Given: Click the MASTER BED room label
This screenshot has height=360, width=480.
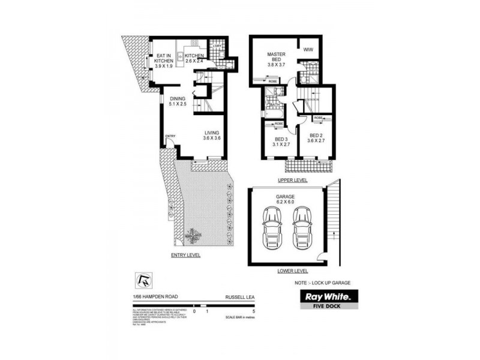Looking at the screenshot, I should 275,58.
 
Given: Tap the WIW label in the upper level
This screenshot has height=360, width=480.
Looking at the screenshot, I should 308,49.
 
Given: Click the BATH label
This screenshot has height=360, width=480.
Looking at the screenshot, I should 275,104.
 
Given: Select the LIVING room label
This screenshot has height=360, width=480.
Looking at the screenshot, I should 212,136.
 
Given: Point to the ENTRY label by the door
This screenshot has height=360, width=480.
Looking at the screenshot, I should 170,136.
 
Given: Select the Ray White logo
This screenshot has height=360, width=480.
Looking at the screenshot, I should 329,296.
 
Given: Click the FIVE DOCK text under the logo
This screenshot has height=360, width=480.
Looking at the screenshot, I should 329,305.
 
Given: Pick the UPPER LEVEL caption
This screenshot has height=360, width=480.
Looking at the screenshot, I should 293,179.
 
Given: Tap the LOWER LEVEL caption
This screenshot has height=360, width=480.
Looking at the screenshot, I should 293,271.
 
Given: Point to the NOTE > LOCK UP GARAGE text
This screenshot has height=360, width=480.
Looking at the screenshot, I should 322,282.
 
